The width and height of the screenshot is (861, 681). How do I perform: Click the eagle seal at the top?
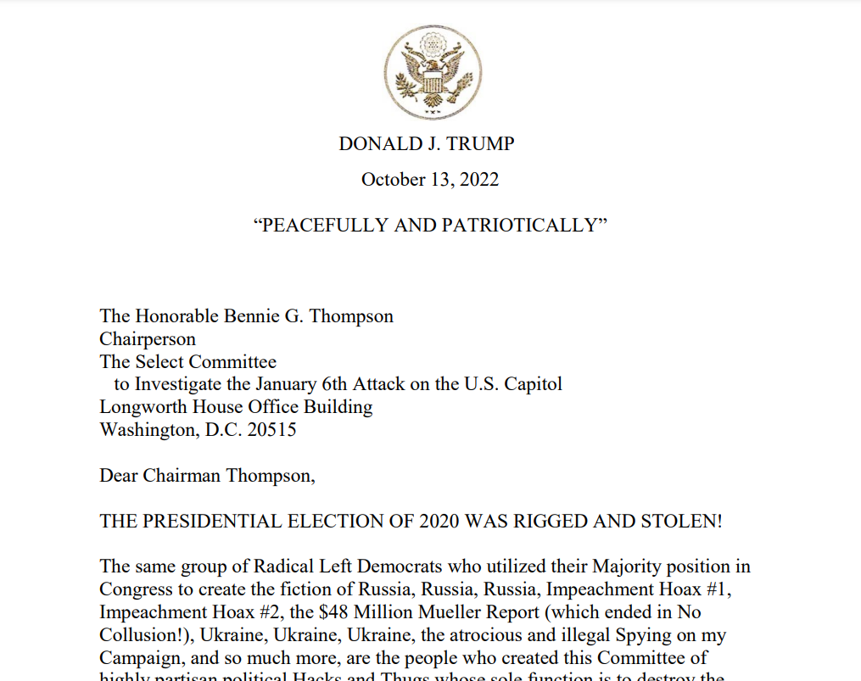pyautogui.click(x=433, y=72)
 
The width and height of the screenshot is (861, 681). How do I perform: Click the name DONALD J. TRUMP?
pyautogui.click(x=427, y=144)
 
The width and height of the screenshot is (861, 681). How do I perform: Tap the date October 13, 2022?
pyautogui.click(x=430, y=180)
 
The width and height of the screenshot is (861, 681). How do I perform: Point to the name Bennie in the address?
pyautogui.click(x=254, y=316)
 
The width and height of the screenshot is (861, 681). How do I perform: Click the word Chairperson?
pyautogui.click(x=148, y=339)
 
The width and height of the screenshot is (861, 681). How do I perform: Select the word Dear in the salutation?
pyautogui.click(x=119, y=475)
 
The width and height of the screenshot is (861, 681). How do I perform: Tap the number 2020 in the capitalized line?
pyautogui.click(x=440, y=521)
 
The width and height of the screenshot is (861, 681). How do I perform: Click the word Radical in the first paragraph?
pyautogui.click(x=294, y=567)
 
